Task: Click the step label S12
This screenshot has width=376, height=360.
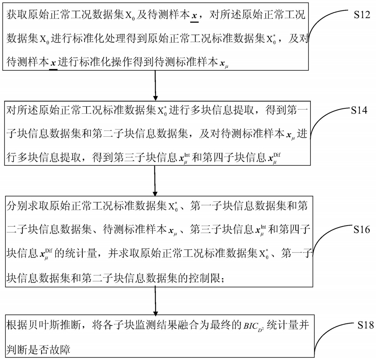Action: coord(362,15)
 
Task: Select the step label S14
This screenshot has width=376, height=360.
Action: coord(359,110)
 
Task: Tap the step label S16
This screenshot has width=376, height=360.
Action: coord(362,230)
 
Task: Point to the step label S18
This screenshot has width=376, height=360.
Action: coord(366,325)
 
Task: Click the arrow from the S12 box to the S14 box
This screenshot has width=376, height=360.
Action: coord(155,85)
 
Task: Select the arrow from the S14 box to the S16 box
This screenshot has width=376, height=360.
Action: coord(155,181)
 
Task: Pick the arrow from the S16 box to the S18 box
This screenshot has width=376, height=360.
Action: coord(155,301)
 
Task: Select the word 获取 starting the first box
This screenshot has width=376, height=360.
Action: coord(17,15)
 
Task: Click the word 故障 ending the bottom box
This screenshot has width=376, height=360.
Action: coord(59,350)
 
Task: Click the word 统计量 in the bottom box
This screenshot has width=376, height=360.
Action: coord(282,325)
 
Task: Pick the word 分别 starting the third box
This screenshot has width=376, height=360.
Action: coord(17,206)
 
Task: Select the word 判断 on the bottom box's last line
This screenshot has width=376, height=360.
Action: coord(17,350)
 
